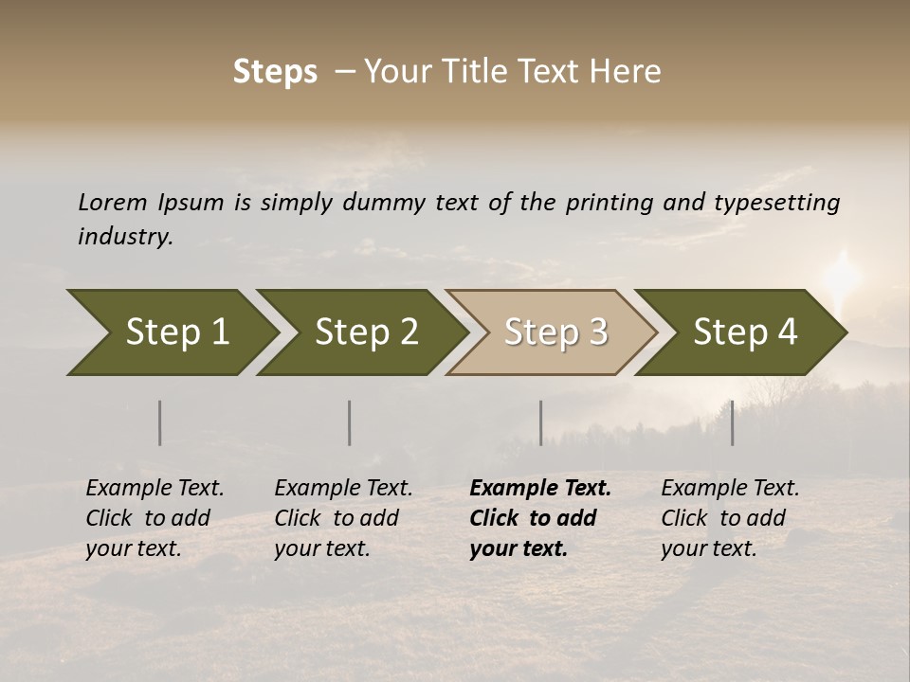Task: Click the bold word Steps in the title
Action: tap(275, 72)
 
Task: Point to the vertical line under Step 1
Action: tap(160, 422)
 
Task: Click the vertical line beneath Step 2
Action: tap(350, 422)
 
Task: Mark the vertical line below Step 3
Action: tap(540, 422)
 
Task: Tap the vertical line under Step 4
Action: tap(732, 422)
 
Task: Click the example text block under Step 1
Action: tap(155, 518)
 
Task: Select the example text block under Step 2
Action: tap(343, 518)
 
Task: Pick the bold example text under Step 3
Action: tap(540, 518)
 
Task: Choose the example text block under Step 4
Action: tap(730, 518)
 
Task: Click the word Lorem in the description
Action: tap(112, 203)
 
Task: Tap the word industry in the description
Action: tap(124, 237)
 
